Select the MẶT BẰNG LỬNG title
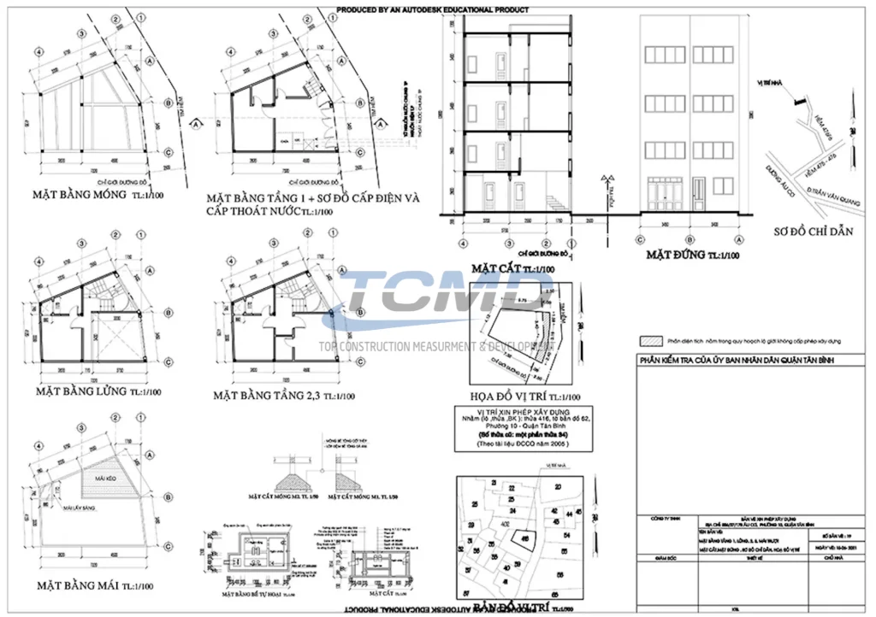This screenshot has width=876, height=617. point(82,391)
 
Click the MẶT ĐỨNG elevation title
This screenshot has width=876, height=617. point(676,255)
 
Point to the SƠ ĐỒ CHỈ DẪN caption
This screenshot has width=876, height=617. point(813,232)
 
